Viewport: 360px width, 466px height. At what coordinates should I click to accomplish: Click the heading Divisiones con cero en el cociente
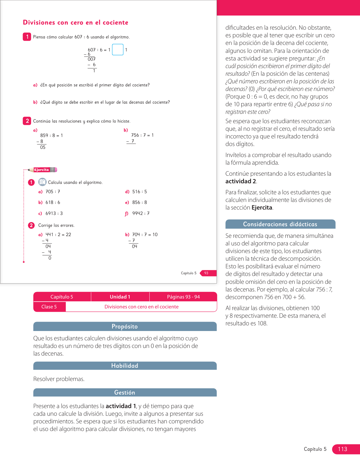pos(76,23)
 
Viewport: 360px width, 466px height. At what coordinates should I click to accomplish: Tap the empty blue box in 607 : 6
pos(118,50)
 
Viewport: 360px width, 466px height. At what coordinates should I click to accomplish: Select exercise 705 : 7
pos(53,192)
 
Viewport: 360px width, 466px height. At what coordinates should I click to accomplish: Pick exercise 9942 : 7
pos(141,214)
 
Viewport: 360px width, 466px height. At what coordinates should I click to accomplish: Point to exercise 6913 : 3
pos(54,214)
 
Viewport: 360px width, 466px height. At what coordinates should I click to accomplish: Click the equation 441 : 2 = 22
pos(58,235)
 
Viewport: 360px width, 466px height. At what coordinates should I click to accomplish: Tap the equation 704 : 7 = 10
pos(145,235)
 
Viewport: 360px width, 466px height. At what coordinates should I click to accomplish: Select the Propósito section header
pos(125,326)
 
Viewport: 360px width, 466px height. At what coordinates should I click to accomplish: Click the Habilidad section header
pos(125,366)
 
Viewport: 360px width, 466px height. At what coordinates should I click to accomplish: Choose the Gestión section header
pos(125,393)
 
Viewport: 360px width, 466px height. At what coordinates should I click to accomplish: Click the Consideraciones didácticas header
pos(280,224)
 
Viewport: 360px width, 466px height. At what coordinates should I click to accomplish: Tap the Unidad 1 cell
pos(120,297)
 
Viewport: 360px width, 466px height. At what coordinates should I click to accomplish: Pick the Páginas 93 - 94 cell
pos(183,297)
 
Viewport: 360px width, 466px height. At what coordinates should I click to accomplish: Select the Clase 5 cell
pos(49,307)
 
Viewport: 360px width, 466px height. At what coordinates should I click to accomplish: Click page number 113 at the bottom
pos(342,449)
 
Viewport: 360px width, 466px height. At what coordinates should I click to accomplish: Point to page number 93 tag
pos(206,273)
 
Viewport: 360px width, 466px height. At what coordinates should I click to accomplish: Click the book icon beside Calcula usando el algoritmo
pos(42,182)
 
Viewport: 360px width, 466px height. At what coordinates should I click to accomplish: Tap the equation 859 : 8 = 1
pos(51,136)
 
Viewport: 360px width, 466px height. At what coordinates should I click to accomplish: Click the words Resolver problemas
pos(59,379)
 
